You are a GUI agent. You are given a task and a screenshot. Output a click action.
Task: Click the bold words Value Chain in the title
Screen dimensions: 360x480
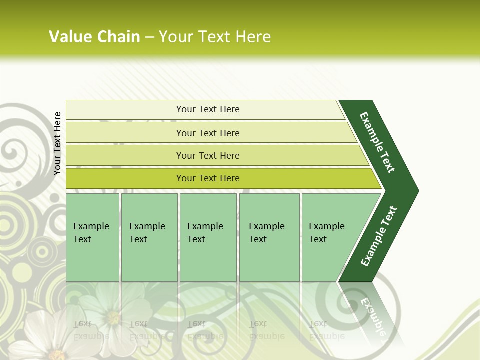[94, 37]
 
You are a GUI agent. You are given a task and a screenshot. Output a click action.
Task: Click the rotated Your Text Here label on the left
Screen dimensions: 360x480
[57, 143]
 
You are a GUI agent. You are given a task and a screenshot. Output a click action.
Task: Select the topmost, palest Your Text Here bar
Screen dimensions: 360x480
[207, 109]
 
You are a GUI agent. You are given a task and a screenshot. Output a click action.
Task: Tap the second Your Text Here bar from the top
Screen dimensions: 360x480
[207, 133]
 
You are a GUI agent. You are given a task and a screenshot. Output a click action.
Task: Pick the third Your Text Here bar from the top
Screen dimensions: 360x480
[207, 155]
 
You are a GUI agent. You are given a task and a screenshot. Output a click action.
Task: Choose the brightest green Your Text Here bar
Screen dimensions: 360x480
[207, 178]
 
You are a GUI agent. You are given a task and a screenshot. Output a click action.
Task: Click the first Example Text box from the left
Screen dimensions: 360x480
[92, 237]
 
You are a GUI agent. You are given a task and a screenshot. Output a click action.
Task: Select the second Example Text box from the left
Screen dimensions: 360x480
[149, 237]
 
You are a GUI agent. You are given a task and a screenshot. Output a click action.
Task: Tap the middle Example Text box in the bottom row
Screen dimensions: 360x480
[208, 237]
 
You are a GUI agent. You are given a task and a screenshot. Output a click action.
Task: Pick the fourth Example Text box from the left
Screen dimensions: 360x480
[269, 237]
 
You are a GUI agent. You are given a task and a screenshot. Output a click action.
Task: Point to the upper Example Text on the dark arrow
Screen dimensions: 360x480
[377, 142]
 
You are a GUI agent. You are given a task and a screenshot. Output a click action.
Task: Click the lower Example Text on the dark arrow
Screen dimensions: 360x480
[378, 236]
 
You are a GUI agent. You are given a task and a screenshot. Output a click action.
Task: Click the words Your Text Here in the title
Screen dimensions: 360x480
[215, 37]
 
